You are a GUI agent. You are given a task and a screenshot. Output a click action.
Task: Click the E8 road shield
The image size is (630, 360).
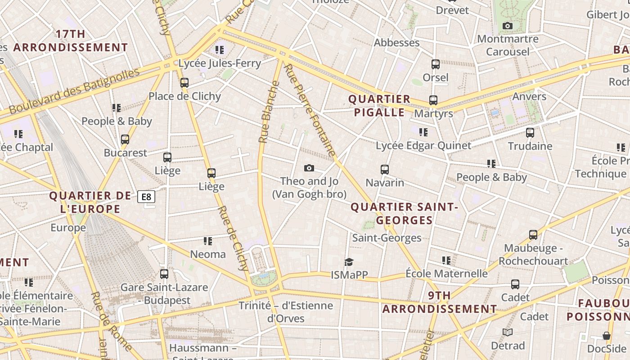click(x=146, y=197)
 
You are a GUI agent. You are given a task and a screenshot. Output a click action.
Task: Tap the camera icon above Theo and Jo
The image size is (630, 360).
click(x=309, y=168)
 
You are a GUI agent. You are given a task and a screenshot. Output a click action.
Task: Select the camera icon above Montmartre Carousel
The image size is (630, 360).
click(x=508, y=26)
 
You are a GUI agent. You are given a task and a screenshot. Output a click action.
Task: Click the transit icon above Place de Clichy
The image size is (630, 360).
click(x=184, y=83)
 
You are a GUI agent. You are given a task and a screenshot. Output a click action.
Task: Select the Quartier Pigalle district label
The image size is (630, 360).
click(x=379, y=105)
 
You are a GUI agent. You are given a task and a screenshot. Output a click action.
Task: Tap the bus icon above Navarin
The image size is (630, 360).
click(x=384, y=169)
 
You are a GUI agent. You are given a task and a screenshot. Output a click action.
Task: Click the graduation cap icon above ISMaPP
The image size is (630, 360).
click(x=349, y=262)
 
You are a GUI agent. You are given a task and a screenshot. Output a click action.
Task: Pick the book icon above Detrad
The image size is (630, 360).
click(x=508, y=333)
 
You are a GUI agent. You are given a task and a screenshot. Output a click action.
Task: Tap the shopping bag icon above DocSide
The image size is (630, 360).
click(x=606, y=336)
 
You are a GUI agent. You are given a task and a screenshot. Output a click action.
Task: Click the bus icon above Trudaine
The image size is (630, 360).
click(x=530, y=133)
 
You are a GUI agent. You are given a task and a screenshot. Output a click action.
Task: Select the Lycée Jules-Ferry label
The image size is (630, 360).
click(x=220, y=63)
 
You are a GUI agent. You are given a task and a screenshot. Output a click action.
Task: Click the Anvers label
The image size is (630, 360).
click(x=529, y=96)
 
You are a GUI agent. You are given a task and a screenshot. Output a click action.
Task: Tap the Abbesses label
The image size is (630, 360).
click(x=396, y=43)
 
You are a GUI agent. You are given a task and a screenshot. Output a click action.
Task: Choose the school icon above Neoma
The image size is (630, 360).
click(x=207, y=241)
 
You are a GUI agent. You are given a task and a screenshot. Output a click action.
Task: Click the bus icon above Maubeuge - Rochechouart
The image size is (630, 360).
click(x=533, y=235)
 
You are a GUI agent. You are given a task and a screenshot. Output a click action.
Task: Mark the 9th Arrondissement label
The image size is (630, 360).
click(x=440, y=302)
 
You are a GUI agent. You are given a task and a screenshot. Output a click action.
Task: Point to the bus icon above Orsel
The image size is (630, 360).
click(x=435, y=64)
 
